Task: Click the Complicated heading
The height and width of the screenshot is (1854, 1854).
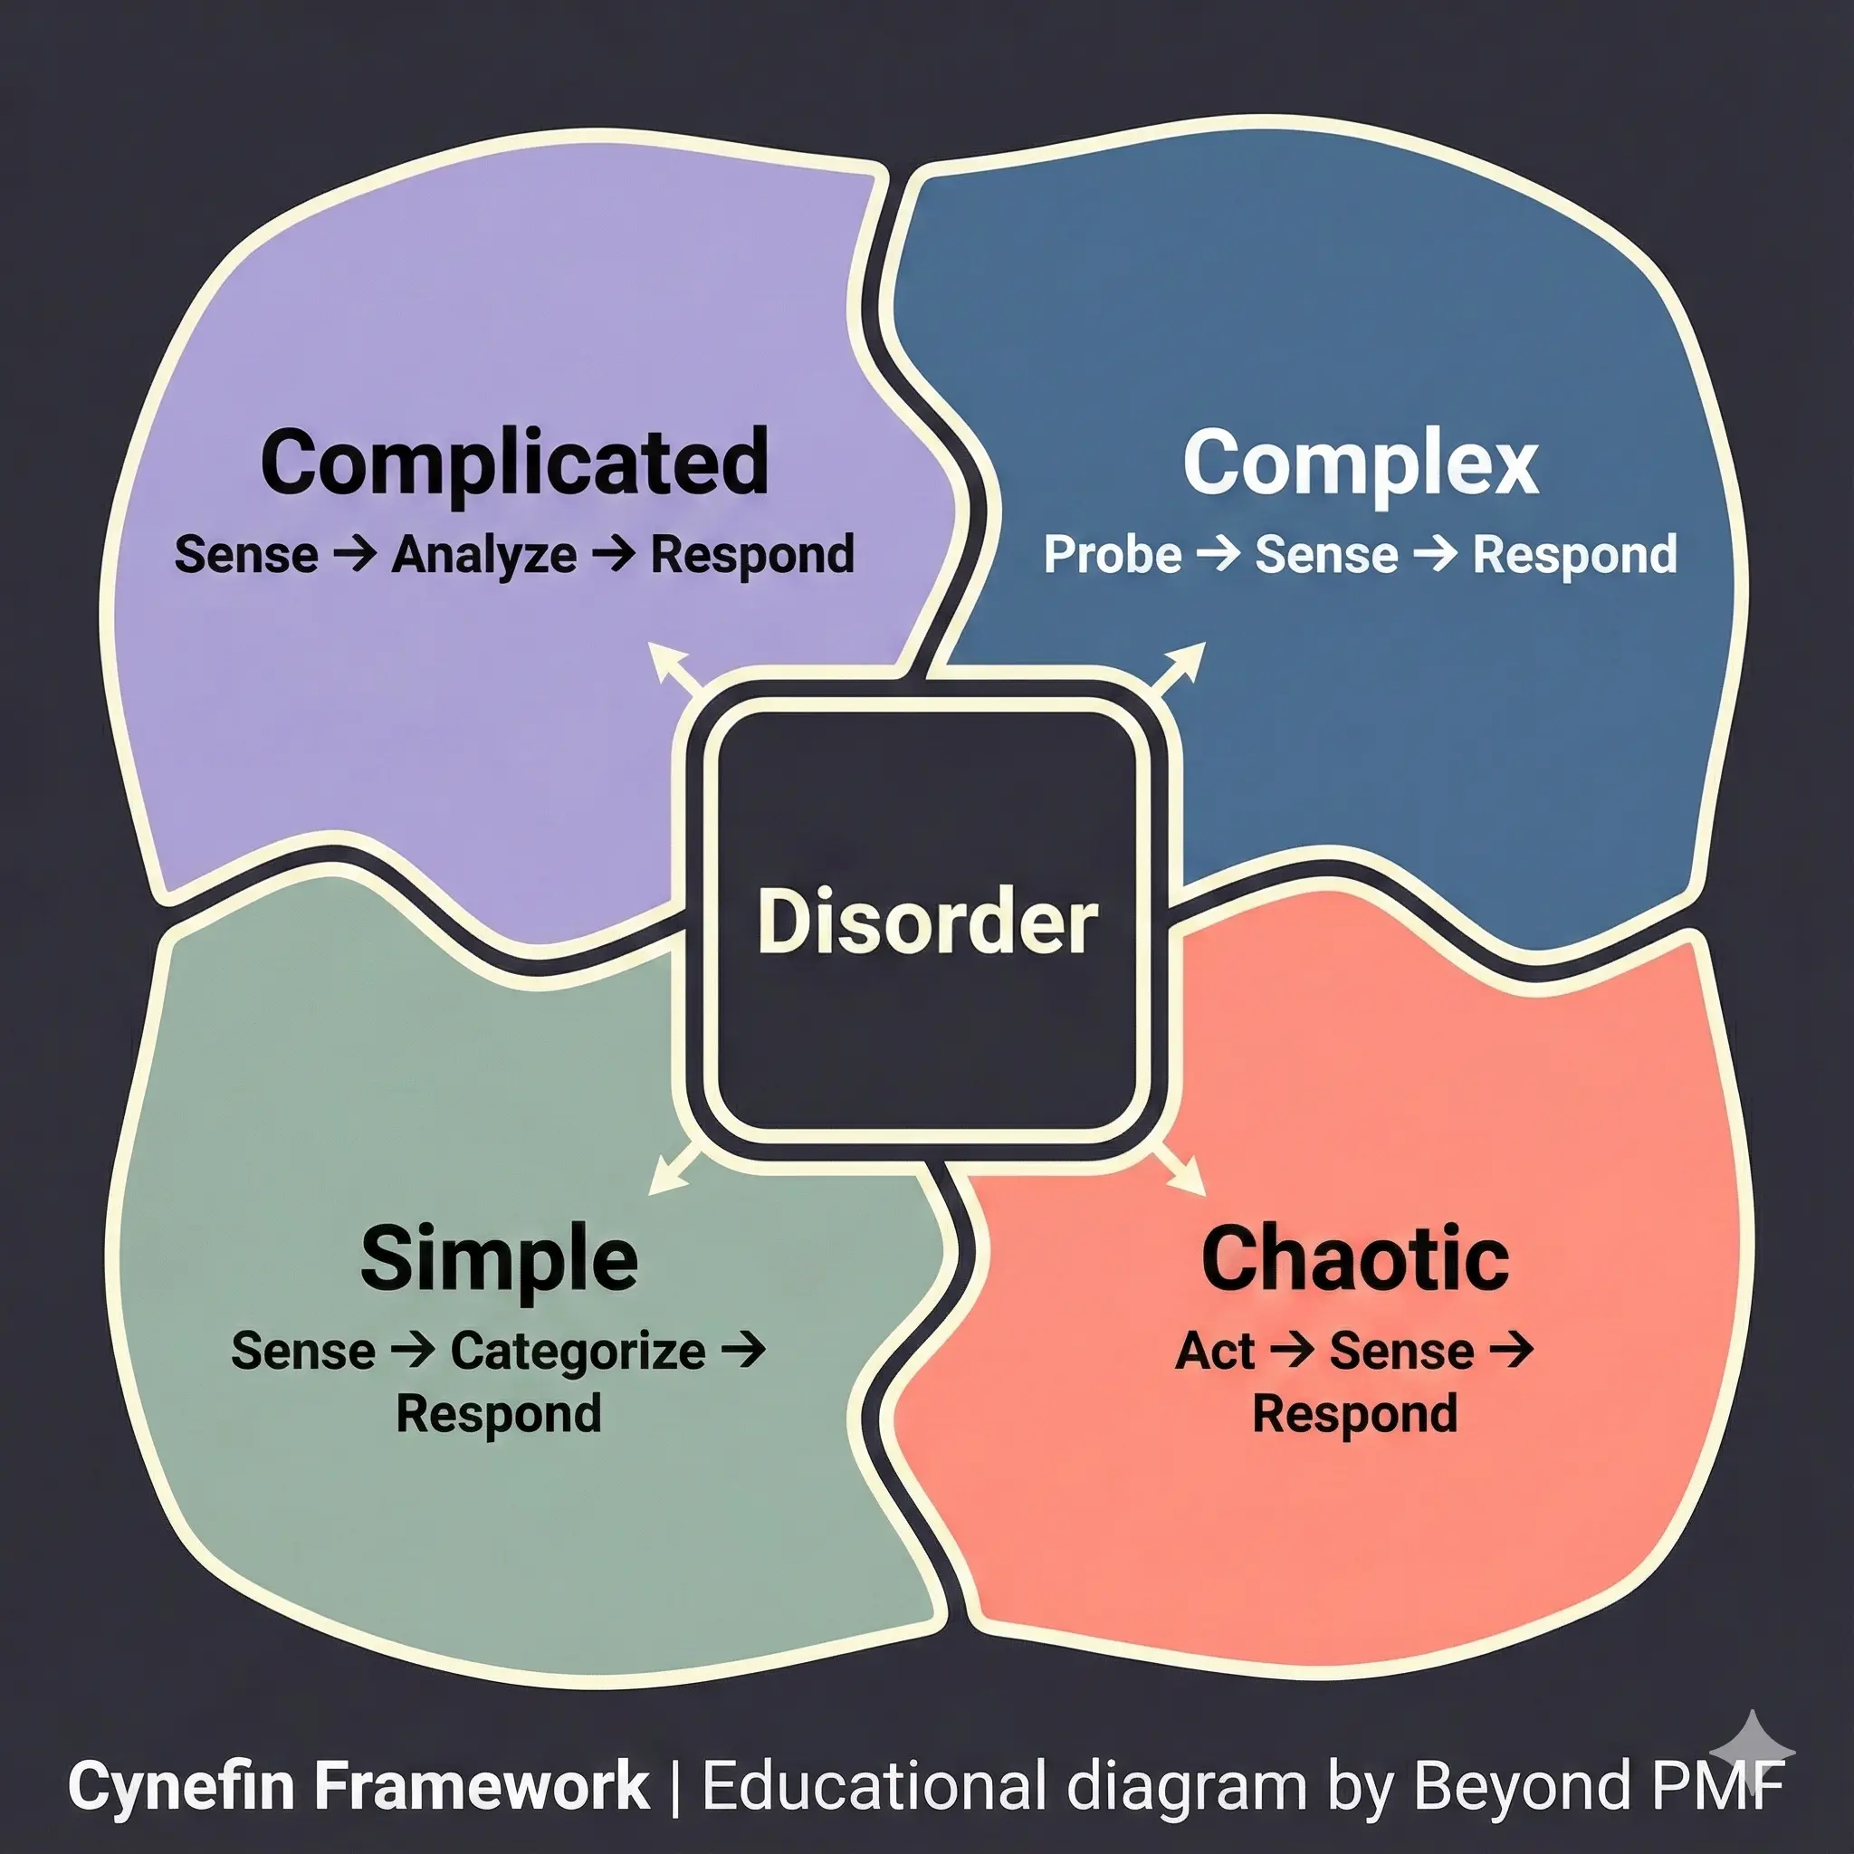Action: [514, 463]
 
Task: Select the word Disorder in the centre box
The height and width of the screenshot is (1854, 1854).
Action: [926, 922]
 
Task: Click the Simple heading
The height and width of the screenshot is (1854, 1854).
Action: [499, 1259]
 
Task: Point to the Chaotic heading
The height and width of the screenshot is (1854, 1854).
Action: [1355, 1259]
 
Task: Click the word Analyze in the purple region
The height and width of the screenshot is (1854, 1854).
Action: [483, 556]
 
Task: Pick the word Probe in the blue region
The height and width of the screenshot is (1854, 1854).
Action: [1113, 556]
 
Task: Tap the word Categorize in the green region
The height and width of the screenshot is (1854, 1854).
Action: [578, 1352]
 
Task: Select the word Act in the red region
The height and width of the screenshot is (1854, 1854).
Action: [1215, 1352]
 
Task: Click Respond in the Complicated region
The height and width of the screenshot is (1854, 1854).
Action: [752, 556]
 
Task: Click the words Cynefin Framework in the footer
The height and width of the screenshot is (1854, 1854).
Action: [358, 1786]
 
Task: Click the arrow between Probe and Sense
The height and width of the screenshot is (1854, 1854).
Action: [1218, 554]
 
